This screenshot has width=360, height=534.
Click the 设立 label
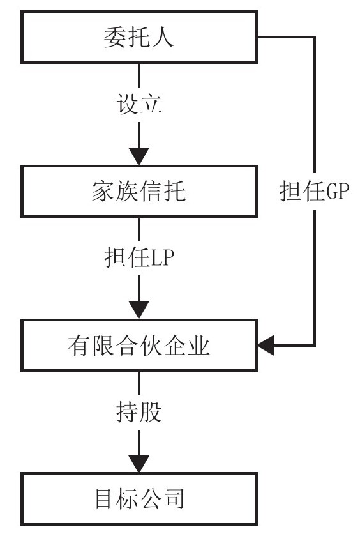point(139,103)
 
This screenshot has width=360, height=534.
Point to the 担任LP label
point(139,257)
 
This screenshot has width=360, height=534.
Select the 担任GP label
point(315,191)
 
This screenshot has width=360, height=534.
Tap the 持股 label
point(139,412)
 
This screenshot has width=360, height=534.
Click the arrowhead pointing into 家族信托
point(139,156)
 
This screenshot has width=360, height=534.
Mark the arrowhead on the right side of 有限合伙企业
point(266,346)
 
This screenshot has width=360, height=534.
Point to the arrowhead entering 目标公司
point(139,464)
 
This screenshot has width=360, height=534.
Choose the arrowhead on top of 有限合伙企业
point(139,310)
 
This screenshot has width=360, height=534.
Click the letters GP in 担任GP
point(338,192)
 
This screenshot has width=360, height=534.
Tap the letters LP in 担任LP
point(163,258)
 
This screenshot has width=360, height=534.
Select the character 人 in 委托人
point(163,37)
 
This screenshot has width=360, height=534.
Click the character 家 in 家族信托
point(103,192)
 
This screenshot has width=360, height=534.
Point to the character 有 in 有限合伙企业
point(79,346)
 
